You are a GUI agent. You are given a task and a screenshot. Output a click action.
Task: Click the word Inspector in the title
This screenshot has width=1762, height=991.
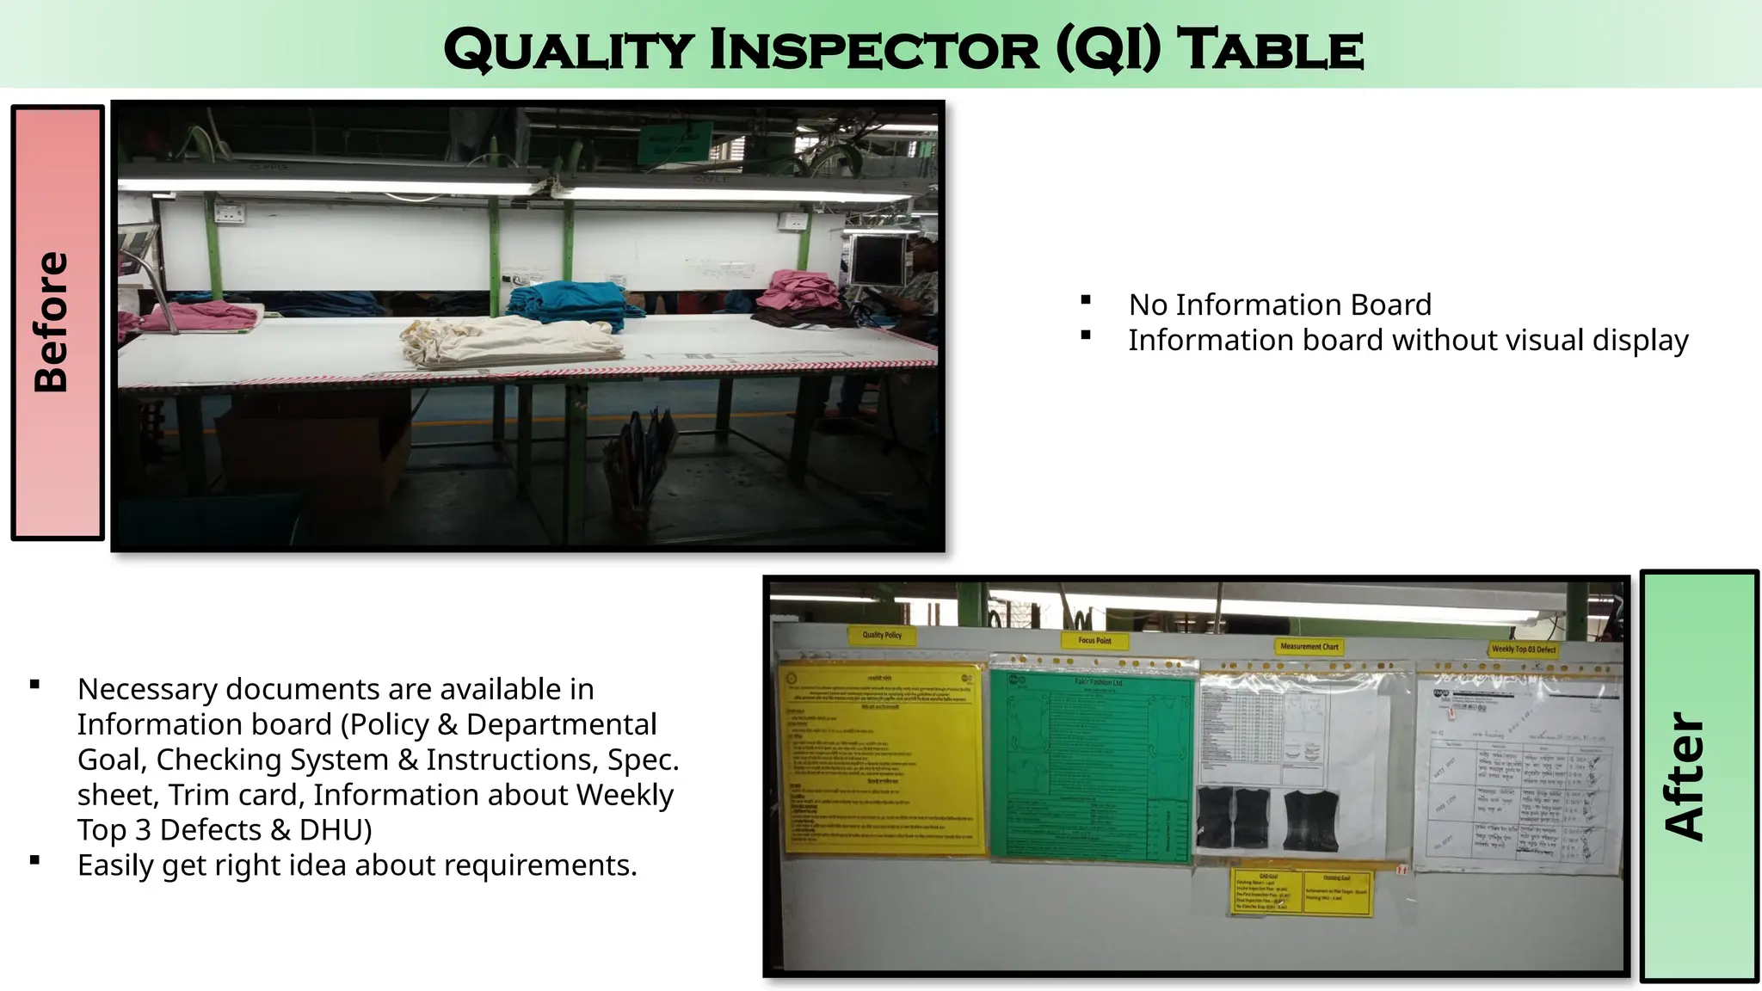(x=874, y=49)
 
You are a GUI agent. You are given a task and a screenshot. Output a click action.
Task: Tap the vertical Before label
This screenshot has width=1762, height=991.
(x=52, y=323)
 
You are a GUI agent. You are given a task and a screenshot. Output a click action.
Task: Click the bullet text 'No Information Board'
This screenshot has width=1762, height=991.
(x=1279, y=305)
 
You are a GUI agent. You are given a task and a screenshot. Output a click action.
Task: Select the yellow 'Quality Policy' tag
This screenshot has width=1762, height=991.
(x=882, y=635)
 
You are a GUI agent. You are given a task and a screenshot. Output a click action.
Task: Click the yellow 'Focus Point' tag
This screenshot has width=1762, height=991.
(x=1094, y=640)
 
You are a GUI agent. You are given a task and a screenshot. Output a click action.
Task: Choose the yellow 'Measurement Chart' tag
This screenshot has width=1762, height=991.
(x=1309, y=646)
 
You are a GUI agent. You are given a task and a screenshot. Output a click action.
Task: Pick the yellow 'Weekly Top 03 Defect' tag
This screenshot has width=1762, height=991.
(x=1524, y=649)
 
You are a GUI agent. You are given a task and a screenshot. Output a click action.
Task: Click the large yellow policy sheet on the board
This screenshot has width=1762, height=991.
(x=882, y=758)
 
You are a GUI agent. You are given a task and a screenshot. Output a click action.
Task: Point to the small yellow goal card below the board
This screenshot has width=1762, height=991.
(x=1302, y=892)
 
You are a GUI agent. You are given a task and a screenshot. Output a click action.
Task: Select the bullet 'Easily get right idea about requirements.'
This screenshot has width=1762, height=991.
(x=357, y=865)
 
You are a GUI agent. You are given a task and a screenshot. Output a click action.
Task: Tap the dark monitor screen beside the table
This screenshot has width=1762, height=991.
(x=876, y=258)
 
